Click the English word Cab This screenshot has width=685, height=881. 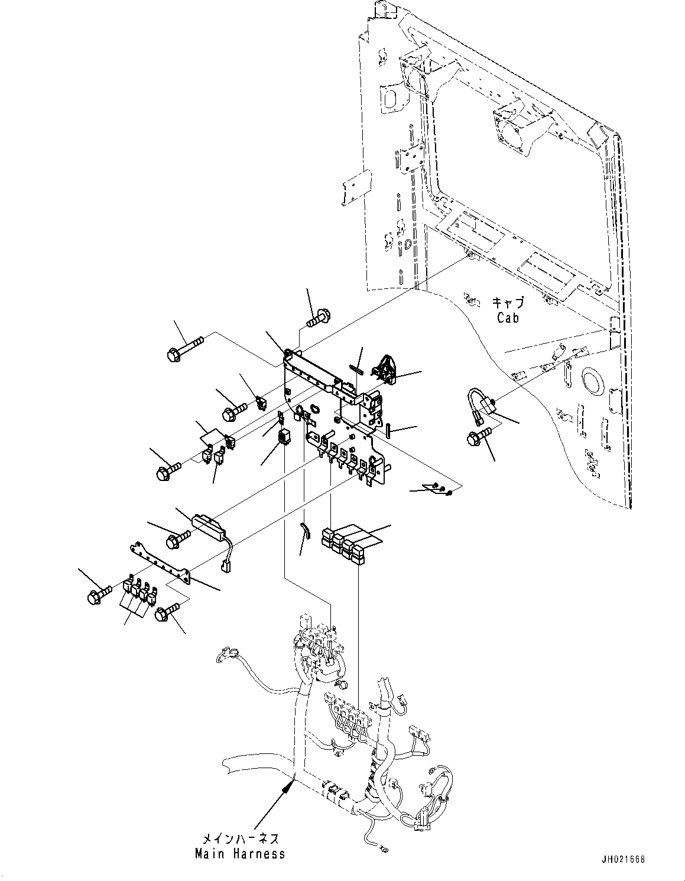pos(508,318)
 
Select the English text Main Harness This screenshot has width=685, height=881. pos(240,854)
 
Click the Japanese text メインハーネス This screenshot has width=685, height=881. pos(240,839)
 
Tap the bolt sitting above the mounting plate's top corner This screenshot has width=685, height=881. pos(319,315)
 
